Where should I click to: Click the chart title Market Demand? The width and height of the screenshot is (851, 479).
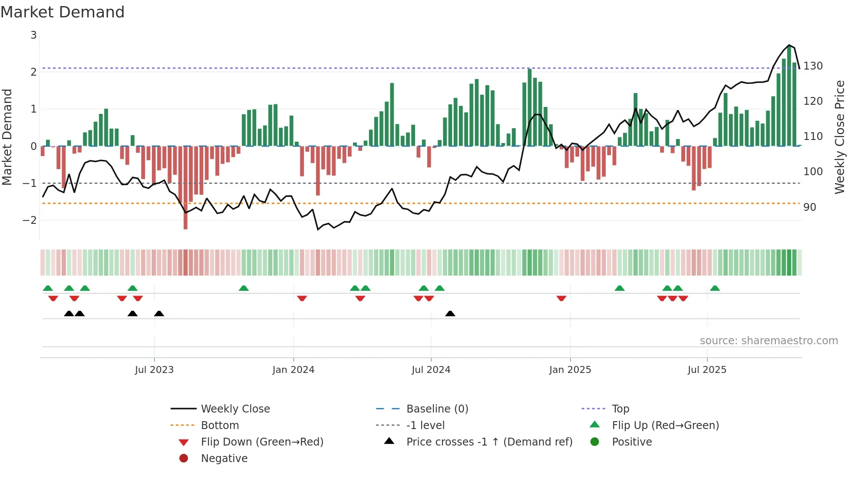(x=63, y=12)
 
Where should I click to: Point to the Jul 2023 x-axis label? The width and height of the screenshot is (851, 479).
(x=154, y=370)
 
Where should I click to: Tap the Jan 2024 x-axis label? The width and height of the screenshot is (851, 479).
(x=294, y=370)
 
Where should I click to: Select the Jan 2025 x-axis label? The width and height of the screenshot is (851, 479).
(x=570, y=370)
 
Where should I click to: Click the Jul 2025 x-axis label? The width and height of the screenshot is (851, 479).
(x=707, y=370)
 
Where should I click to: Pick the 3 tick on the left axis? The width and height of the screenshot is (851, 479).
(x=33, y=35)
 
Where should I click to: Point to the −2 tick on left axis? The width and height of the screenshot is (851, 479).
(x=30, y=220)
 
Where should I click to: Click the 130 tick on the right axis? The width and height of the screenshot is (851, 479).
(x=813, y=66)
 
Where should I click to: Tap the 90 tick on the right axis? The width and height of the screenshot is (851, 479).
(x=810, y=207)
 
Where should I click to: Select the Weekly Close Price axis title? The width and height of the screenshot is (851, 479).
(x=840, y=137)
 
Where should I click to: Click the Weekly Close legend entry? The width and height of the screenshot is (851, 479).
(x=235, y=409)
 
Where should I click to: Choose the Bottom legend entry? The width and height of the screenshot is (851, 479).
(x=220, y=426)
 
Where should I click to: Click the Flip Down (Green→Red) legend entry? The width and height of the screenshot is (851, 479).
(x=262, y=442)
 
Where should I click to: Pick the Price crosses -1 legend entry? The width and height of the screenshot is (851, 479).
(x=489, y=442)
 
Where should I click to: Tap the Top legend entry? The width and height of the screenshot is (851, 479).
(x=620, y=409)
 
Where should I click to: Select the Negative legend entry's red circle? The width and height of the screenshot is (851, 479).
(x=184, y=459)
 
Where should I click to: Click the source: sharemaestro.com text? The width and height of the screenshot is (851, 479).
(x=769, y=341)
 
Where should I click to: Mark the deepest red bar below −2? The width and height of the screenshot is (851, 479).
(x=185, y=224)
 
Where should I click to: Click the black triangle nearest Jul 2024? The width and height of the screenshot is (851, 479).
(x=450, y=314)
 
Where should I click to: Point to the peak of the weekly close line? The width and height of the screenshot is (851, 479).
(x=789, y=45)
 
